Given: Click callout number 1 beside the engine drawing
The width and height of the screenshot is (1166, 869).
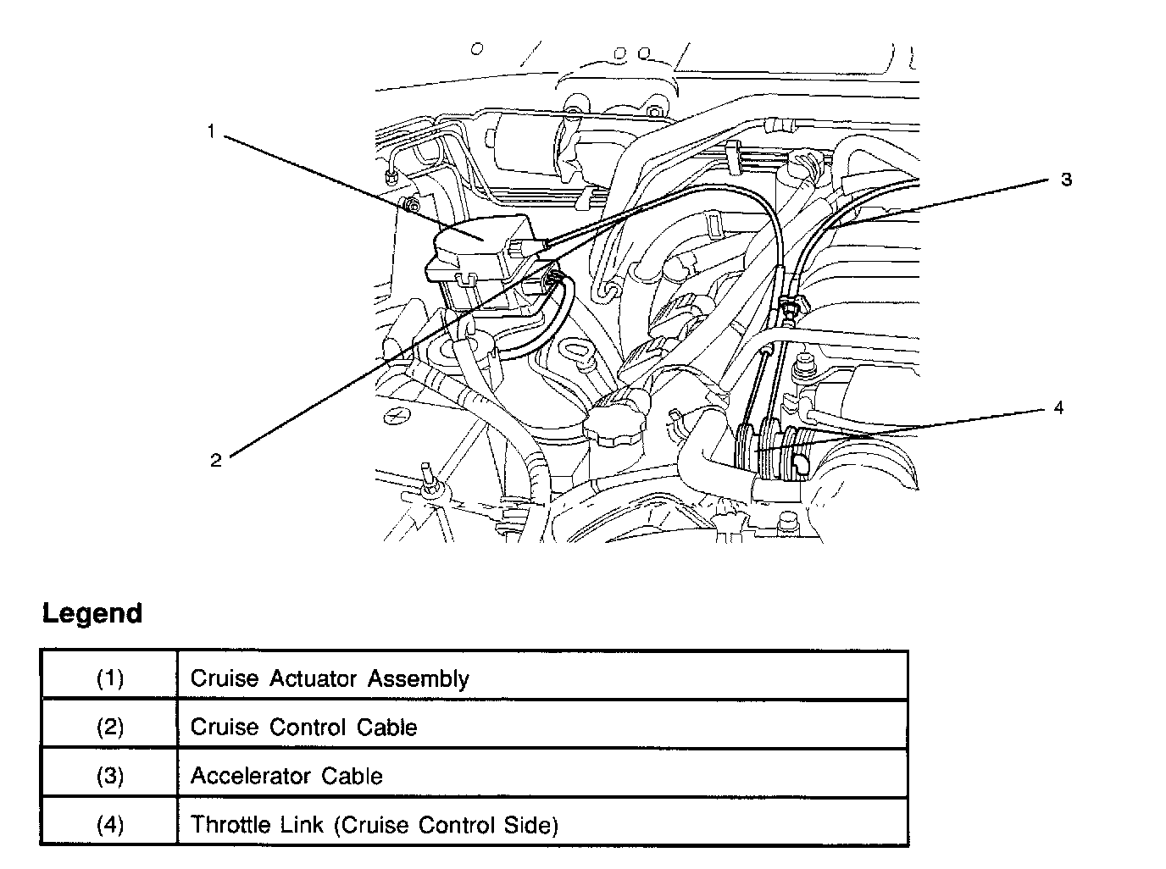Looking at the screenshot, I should click(211, 131).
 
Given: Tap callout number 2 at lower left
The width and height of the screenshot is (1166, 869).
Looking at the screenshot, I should click(216, 460).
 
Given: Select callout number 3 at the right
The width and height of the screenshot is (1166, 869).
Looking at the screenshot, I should click(1066, 180).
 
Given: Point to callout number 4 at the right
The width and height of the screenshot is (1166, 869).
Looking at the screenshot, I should click(1058, 408).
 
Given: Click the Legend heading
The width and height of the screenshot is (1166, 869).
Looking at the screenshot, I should click(92, 613).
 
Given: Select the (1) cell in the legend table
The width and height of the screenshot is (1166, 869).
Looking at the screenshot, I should click(109, 678).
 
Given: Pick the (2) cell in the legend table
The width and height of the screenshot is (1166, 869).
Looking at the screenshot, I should click(109, 727).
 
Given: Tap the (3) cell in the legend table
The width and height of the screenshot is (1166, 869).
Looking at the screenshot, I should click(109, 776).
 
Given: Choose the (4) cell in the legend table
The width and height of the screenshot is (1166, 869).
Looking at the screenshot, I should click(109, 824).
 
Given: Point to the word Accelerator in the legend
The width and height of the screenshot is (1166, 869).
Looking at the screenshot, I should click(239, 776).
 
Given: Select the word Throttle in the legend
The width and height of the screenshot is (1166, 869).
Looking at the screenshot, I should click(222, 824).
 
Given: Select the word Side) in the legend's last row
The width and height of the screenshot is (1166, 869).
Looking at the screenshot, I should click(534, 825).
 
